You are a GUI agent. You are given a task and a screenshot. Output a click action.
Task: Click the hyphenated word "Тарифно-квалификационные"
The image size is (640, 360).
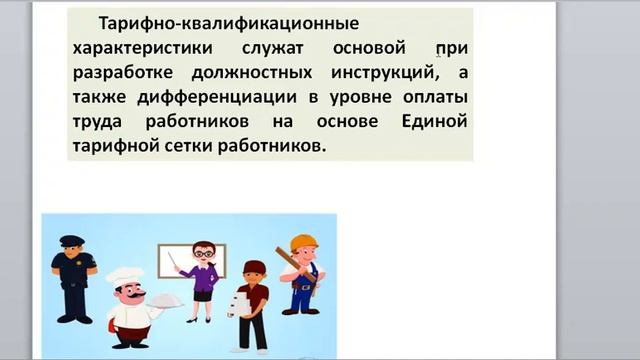click(215, 22)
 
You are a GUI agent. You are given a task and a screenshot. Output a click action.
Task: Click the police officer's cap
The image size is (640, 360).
click(72, 241)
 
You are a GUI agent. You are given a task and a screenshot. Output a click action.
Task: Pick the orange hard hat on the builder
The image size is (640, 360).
click(303, 243)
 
